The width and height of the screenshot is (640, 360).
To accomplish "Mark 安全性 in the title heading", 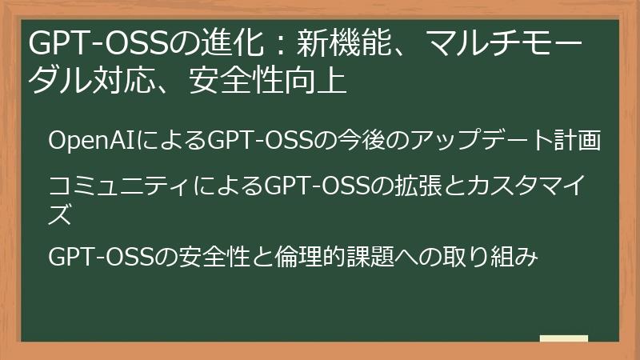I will [223, 82].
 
